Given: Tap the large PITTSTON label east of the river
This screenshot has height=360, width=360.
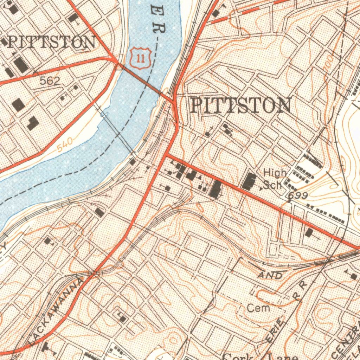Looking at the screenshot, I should coord(241,105).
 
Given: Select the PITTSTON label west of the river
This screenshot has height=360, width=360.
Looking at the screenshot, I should coord(51,43).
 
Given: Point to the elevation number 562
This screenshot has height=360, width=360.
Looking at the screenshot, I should coord(50,81).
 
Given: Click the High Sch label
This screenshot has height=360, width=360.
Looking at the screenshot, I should coord(274,179).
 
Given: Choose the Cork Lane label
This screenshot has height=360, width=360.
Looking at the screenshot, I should coord(260,356).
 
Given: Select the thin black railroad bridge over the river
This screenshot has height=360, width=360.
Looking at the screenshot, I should coord(118,134).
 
